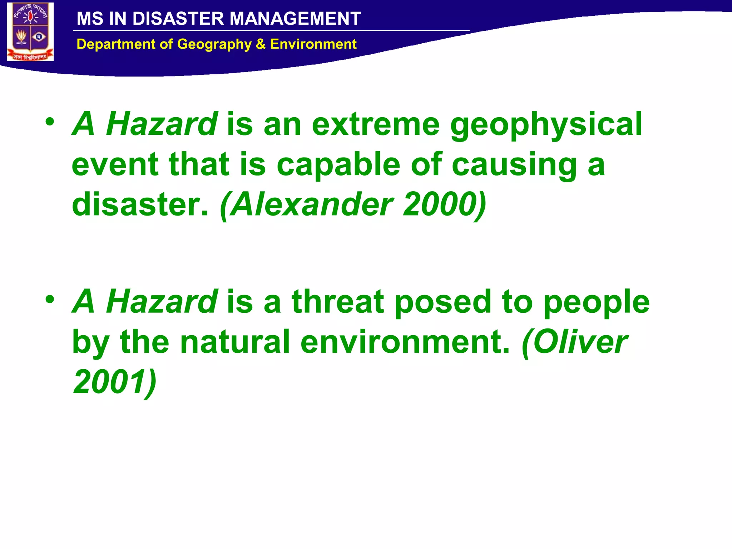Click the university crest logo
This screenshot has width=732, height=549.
[x=30, y=32]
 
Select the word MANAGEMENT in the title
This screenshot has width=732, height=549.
[x=295, y=19]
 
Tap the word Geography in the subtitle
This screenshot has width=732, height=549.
[x=214, y=44]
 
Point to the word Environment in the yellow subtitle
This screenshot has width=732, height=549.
[x=313, y=44]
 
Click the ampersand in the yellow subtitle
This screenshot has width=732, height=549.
[x=261, y=44]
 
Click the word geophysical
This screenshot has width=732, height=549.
[x=546, y=124]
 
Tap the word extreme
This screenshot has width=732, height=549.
[x=376, y=124]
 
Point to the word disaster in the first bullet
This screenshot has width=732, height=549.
[x=140, y=204]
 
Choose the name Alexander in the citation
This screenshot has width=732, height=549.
[x=311, y=204]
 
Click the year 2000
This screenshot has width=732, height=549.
[x=445, y=204]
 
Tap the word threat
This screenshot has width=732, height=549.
[x=338, y=302]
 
